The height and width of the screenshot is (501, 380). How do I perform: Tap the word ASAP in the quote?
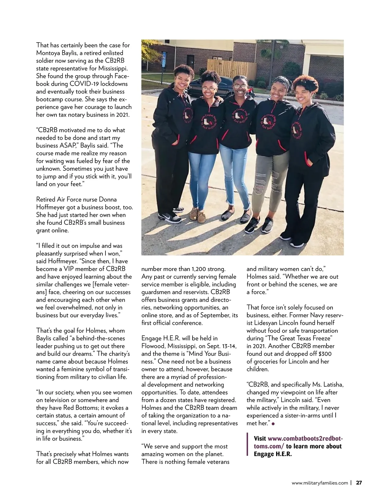coord(75,145)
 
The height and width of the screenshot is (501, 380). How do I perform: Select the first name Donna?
coord(108,199)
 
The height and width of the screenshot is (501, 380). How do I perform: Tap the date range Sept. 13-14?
coord(214,346)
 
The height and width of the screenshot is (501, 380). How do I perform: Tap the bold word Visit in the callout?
coord(260,439)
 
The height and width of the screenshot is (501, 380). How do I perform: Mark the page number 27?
coord(359,483)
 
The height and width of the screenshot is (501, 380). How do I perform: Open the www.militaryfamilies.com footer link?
coord(320,483)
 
